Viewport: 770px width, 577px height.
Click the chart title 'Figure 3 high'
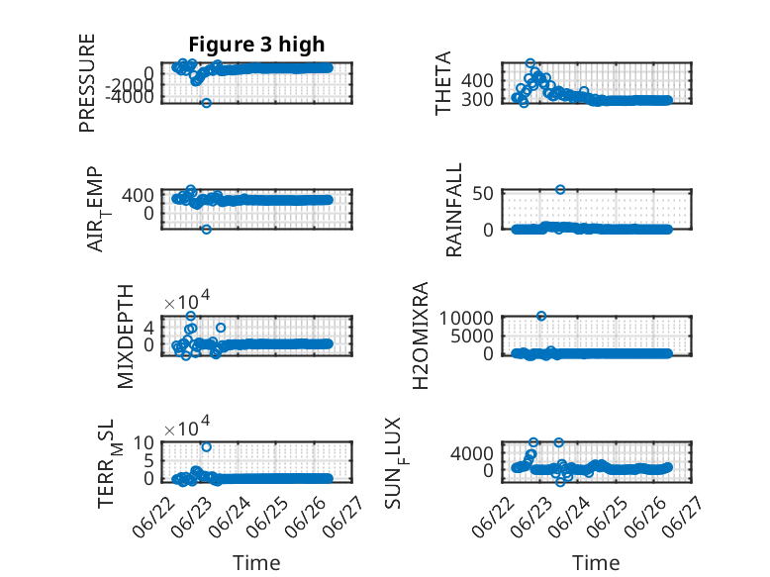click(256, 45)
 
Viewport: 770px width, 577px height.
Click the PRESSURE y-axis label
click(87, 83)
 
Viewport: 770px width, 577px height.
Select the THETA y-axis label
click(443, 83)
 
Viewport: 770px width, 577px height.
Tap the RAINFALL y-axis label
click(453, 210)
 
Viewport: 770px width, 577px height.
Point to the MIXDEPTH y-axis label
click(126, 337)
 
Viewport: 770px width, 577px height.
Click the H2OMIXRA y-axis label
click(421, 336)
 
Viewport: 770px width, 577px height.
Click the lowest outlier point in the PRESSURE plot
click(206, 103)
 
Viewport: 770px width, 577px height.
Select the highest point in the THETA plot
click(529, 63)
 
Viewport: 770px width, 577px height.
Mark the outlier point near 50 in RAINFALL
click(560, 190)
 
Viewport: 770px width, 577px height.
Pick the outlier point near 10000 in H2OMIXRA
click(541, 316)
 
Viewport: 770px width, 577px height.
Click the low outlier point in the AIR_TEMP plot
click(206, 230)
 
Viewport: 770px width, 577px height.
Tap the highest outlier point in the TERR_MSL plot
click(206, 447)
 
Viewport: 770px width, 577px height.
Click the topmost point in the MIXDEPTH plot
click(191, 316)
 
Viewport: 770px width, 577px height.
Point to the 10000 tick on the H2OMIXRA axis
click(466, 318)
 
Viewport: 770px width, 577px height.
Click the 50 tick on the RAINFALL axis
click(483, 193)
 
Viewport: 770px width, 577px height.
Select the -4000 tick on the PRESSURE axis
click(129, 97)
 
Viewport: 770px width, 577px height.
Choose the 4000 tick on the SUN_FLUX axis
click(472, 453)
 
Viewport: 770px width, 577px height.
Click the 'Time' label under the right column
click(596, 563)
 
